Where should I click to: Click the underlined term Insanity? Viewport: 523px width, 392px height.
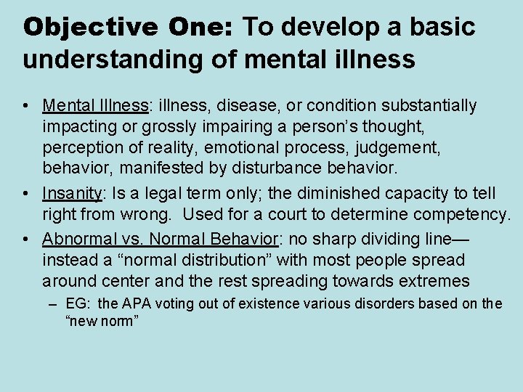71,194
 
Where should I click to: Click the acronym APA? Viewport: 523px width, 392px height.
137,304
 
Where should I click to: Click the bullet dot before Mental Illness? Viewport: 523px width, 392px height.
25,106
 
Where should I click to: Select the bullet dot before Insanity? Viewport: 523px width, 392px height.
25,195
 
